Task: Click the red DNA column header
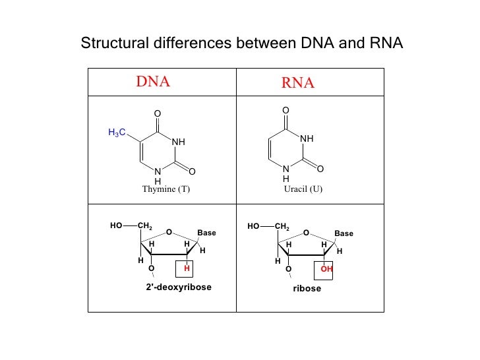153,82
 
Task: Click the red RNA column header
298,83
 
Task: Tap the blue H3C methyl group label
117,133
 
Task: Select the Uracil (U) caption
303,189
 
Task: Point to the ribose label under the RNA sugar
307,289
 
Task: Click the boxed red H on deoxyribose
187,269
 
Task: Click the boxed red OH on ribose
326,269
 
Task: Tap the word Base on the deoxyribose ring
206,233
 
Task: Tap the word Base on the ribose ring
344,233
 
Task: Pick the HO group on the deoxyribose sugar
116,225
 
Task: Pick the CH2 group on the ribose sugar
282,227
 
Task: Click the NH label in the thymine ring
179,142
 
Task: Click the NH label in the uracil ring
307,139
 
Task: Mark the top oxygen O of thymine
157,114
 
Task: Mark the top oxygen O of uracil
285,110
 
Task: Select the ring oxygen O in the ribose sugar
306,233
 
